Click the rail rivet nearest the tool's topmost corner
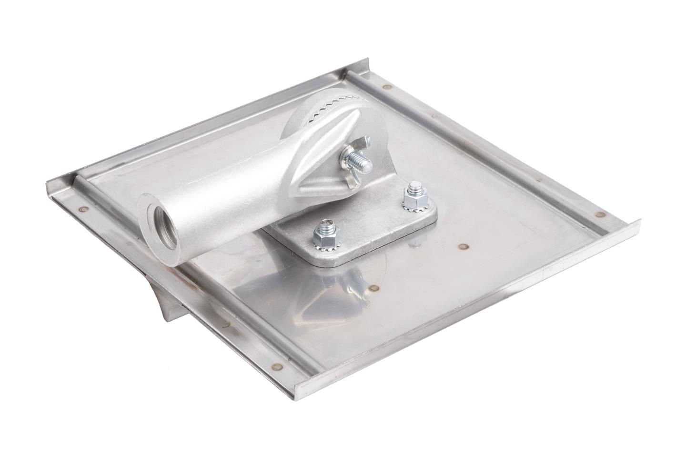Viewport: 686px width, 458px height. pos(385,87)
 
